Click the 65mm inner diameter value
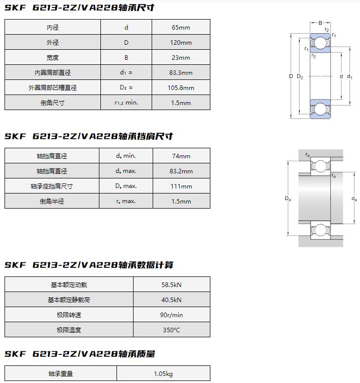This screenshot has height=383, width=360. tap(181, 28)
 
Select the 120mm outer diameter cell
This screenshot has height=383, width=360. tap(181, 43)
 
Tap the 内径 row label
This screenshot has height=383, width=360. tap(53, 28)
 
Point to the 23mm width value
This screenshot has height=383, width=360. tap(181, 58)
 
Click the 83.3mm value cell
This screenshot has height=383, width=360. tap(181, 73)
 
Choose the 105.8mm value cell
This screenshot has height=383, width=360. tap(181, 88)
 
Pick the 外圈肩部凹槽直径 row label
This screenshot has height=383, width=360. tap(53, 88)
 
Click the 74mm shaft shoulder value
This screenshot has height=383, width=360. tap(181, 156)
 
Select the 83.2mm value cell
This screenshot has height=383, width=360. tap(181, 171)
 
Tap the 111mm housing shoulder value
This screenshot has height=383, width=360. tap(181, 186)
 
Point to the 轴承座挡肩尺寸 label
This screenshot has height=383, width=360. tap(52, 186)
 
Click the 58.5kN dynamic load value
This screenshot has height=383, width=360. tap(171, 285)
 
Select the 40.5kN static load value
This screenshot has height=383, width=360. tap(171, 300)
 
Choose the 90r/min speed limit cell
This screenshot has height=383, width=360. tap(171, 315)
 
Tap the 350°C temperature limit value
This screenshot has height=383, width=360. tap(171, 330)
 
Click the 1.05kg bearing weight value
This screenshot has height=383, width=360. tap(163, 374)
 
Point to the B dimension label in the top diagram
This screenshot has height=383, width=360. tap(320, 23)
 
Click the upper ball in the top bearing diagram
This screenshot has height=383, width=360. tap(320, 44)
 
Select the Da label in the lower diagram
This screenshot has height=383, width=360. tap(288, 199)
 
